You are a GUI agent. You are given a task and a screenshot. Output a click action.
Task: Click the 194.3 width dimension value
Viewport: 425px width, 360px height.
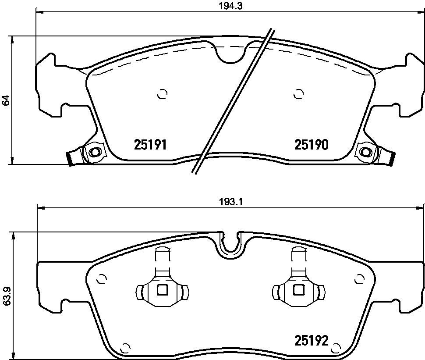(230, 6)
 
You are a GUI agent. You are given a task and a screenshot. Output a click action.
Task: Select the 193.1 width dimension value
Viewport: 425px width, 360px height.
(230, 202)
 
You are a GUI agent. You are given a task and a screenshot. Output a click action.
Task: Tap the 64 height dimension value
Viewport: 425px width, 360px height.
(6, 100)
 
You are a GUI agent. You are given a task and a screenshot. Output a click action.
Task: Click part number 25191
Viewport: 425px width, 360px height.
(150, 145)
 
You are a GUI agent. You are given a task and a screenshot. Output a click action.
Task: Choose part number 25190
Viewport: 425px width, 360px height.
(312, 145)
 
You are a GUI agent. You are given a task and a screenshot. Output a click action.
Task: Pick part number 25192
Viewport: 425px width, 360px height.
(312, 340)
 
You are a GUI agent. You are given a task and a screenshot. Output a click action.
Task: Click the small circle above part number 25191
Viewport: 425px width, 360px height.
(163, 94)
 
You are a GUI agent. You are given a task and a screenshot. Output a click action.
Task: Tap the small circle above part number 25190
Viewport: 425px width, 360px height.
(298, 94)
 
